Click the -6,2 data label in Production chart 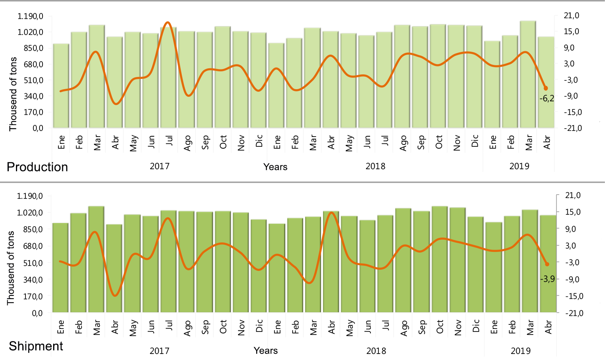(x=547, y=99)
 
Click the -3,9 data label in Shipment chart (x=547, y=279)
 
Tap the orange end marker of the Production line (x=546, y=88)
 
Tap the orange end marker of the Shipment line (x=547, y=264)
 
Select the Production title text (x=37, y=167)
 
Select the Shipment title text (x=36, y=346)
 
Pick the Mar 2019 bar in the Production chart (x=528, y=76)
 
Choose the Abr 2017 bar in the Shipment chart (x=114, y=269)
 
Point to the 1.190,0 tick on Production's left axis (x=30, y=16)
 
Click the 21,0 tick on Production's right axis (x=571, y=16)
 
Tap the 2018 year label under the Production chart (x=375, y=166)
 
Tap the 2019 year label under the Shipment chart (x=520, y=351)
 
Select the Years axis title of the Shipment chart (x=265, y=351)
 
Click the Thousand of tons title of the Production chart (x=13, y=94)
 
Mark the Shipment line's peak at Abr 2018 (x=331, y=212)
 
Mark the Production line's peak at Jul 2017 (x=168, y=22)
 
